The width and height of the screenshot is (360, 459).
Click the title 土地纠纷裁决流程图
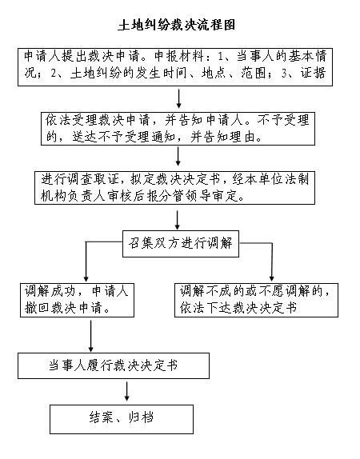pyautogui.click(x=177, y=25)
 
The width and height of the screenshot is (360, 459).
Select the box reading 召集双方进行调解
pyautogui.click(x=181, y=244)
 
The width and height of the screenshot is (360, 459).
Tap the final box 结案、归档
pyautogui.click(x=122, y=419)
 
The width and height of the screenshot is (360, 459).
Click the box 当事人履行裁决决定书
pyautogui.click(x=114, y=365)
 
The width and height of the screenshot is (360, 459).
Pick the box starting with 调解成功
pyautogui.click(x=77, y=300)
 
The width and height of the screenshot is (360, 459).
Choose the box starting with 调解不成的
pyautogui.click(x=256, y=300)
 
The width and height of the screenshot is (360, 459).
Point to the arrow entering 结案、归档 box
pyautogui.click(x=127, y=391)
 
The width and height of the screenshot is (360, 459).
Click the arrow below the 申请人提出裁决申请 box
pyautogui.click(x=178, y=98)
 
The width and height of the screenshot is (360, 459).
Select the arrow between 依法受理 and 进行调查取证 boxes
pyautogui.click(x=178, y=156)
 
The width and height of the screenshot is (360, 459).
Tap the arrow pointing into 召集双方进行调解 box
pyautogui.click(x=178, y=220)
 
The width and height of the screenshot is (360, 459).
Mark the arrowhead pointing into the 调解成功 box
pyautogui.click(x=86, y=278)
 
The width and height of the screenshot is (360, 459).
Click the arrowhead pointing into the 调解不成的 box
pyautogui.click(x=271, y=278)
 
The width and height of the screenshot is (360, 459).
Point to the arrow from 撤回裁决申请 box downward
pyautogui.click(x=91, y=336)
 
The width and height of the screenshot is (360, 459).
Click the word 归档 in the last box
pyautogui.click(x=141, y=417)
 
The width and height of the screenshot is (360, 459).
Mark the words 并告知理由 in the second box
pyautogui.click(x=223, y=137)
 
